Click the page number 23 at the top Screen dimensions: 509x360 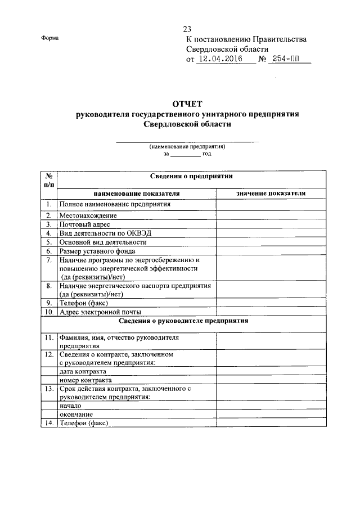187,29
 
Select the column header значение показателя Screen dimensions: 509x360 271,193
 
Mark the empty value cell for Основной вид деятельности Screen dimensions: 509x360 271,242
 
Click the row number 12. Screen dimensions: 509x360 49,355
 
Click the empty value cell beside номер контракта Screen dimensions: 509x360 271,380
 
